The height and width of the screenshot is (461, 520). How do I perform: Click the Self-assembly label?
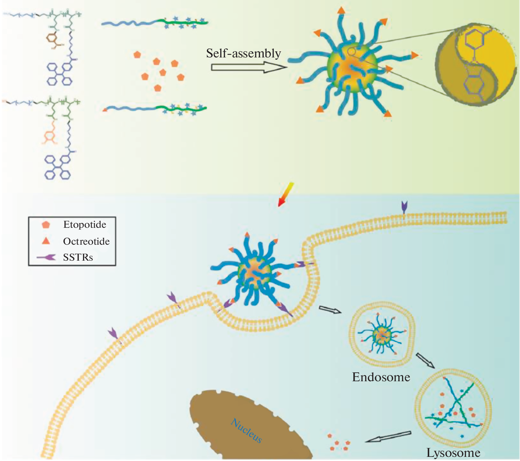click(x=243, y=53)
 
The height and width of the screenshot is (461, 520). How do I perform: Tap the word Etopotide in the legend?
click(x=85, y=225)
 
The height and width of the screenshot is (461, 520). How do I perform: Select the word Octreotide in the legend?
click(x=86, y=242)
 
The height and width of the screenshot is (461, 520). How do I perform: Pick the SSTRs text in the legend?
click(x=78, y=257)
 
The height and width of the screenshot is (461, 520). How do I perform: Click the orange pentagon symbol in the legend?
click(x=46, y=225)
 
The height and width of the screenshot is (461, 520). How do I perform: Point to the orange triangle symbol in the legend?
click(x=47, y=241)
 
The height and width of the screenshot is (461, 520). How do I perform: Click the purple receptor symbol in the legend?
click(x=47, y=257)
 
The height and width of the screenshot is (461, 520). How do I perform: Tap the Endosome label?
click(x=381, y=377)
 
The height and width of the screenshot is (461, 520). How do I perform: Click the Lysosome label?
click(x=453, y=453)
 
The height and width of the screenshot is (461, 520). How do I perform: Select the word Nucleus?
click(x=246, y=431)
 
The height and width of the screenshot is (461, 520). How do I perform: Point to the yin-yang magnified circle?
click(x=476, y=64)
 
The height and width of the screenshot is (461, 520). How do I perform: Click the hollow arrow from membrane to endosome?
click(x=330, y=309)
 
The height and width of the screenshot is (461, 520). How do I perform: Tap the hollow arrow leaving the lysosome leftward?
click(x=388, y=437)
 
